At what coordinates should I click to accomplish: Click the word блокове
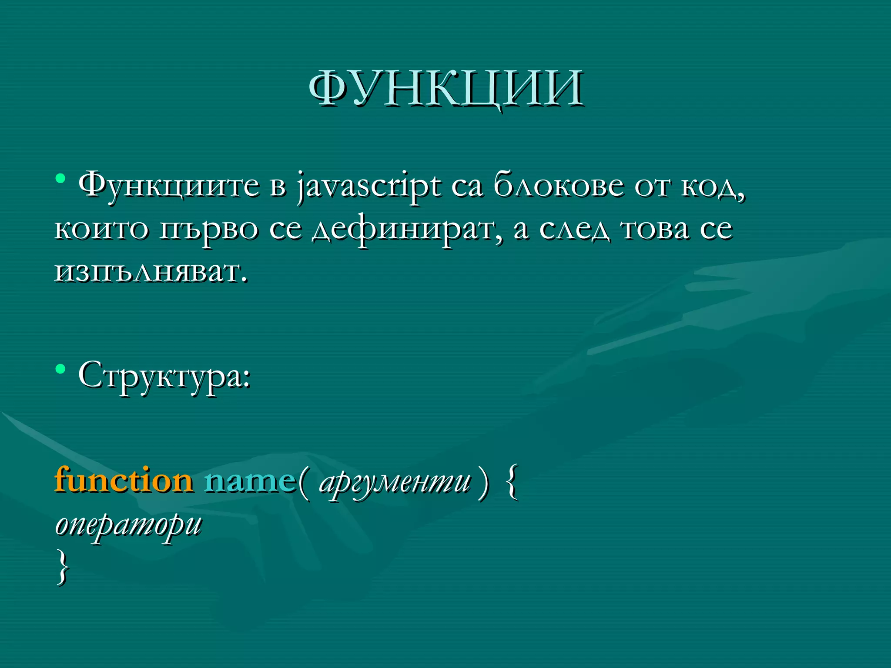coord(558,185)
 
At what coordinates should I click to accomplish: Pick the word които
coord(101,229)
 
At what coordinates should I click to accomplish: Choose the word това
coord(655,229)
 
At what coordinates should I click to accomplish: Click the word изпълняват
coord(151,273)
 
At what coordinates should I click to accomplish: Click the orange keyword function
coord(124,481)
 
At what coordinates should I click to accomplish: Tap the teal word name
coord(249,481)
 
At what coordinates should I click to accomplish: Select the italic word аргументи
coord(395,483)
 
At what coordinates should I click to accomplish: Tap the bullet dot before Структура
coord(61,370)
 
